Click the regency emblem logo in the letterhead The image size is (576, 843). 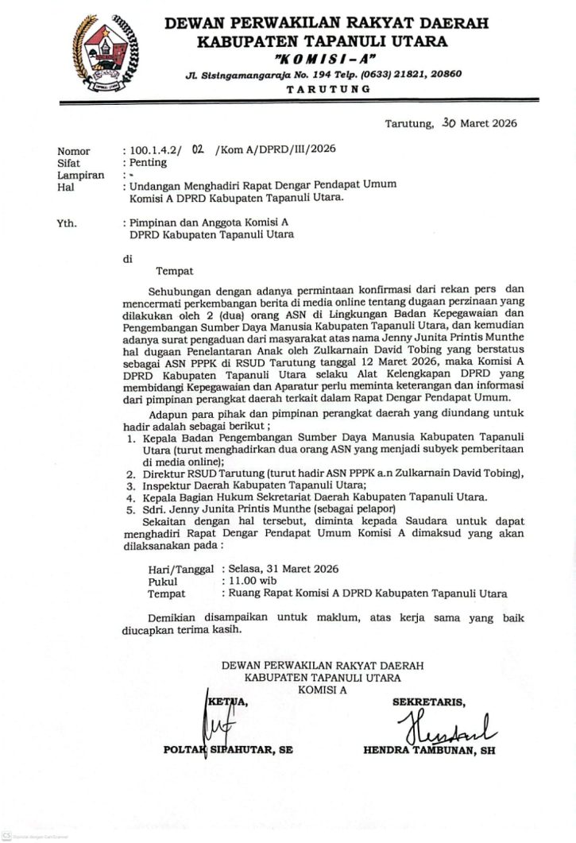(x=104, y=52)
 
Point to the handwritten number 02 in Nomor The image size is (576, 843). (x=199, y=149)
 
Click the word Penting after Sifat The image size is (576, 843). (x=149, y=162)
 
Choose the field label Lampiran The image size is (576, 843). (x=80, y=175)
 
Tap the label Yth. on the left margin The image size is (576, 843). (x=67, y=223)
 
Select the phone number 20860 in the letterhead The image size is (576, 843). (x=443, y=74)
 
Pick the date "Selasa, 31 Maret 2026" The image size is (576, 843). (x=284, y=569)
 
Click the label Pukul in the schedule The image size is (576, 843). (x=164, y=582)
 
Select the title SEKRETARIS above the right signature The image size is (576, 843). (x=429, y=702)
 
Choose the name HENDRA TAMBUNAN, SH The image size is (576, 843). (x=429, y=749)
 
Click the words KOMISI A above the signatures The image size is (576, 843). (x=323, y=690)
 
